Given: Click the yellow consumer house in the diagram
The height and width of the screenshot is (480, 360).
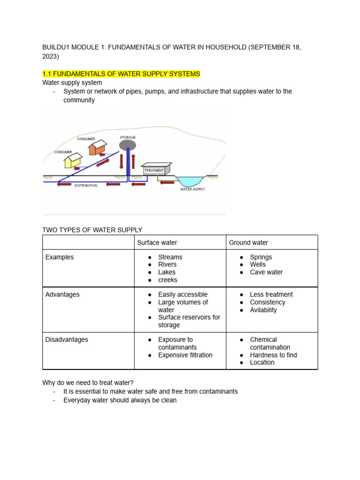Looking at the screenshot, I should pyautogui.click(x=73, y=162).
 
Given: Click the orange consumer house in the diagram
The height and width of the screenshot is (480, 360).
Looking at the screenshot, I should pyautogui.click(x=96, y=149).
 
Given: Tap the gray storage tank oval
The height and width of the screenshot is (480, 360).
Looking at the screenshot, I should pyautogui.click(x=127, y=145).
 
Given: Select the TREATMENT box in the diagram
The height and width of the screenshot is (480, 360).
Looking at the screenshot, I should pyautogui.click(x=155, y=170).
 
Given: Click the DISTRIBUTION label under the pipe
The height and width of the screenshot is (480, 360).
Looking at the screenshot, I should pyautogui.click(x=85, y=186).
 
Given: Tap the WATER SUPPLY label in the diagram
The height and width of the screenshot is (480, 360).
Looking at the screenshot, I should pyautogui.click(x=193, y=189).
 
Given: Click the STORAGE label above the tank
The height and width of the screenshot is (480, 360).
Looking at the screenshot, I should pyautogui.click(x=127, y=137).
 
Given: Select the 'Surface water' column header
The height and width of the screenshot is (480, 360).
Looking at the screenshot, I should pyautogui.click(x=157, y=242).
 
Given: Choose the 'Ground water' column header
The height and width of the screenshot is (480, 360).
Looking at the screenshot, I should pyautogui.click(x=248, y=242).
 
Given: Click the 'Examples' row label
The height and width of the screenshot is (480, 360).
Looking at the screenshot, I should pyautogui.click(x=60, y=257).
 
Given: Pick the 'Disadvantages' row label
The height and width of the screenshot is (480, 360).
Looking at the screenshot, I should pyautogui.click(x=67, y=339).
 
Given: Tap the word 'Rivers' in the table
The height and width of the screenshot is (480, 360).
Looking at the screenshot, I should pyautogui.click(x=167, y=264).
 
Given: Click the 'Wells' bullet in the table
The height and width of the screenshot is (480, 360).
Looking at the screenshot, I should pyautogui.click(x=258, y=264).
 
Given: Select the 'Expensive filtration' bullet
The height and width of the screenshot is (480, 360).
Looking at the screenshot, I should pyautogui.click(x=185, y=355).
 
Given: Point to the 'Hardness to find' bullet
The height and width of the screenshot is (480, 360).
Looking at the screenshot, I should pyautogui.click(x=273, y=355).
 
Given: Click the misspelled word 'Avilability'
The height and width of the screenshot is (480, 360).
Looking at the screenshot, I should pyautogui.click(x=263, y=310).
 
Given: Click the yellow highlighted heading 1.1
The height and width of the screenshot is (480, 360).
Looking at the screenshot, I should pyautogui.click(x=121, y=74).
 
